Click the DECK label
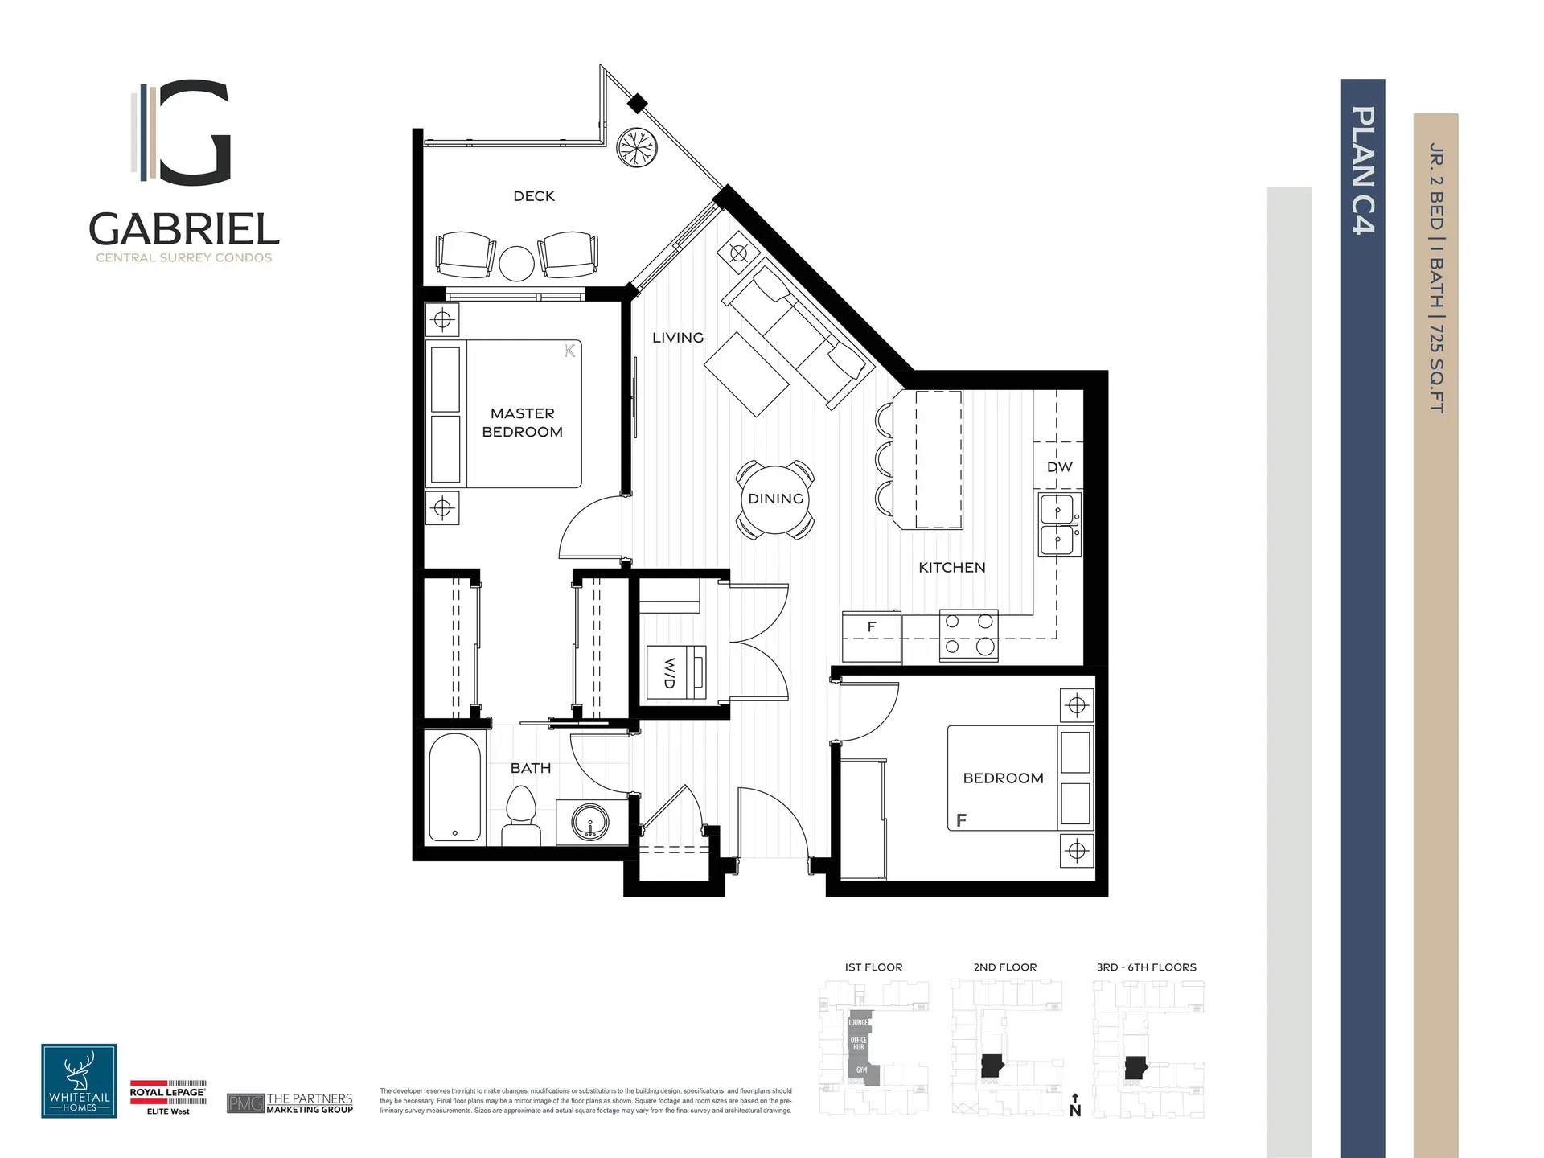click(534, 196)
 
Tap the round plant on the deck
click(637, 148)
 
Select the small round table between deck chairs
click(516, 263)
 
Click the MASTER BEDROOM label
click(523, 422)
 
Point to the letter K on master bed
click(569, 351)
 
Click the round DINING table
click(775, 499)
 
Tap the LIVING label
click(678, 338)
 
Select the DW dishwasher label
click(1059, 467)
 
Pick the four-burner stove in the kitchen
click(969, 634)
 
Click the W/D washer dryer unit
click(676, 671)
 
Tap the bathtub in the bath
click(454, 787)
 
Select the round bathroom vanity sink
click(590, 822)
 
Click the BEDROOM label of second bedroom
click(1003, 778)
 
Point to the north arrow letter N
click(1075, 1111)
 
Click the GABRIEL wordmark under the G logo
click(184, 230)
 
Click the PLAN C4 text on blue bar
click(1362, 170)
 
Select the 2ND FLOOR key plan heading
click(1004, 967)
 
